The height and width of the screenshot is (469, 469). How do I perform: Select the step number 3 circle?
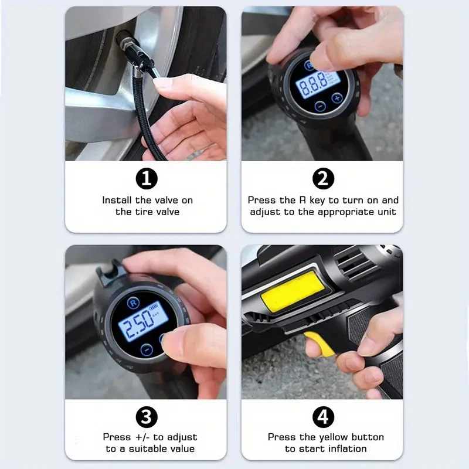tap(147, 417)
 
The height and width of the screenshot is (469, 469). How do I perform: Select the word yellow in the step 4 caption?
tap(335, 437)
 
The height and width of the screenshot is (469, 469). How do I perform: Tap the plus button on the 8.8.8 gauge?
tap(337, 97)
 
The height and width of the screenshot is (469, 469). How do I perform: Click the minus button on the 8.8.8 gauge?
tap(320, 107)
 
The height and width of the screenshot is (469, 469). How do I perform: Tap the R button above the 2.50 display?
tap(132, 303)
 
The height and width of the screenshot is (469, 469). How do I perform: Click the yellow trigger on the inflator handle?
tap(320, 345)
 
